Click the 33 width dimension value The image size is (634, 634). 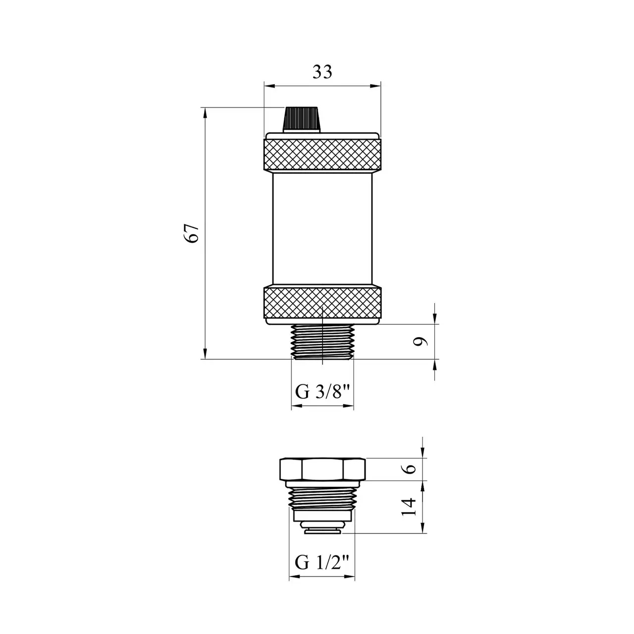click(322, 72)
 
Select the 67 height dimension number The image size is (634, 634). click(191, 233)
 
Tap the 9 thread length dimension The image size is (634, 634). click(420, 342)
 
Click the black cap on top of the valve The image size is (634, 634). click(302, 119)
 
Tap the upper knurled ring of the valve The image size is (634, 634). click(322, 155)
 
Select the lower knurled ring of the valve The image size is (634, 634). click(322, 303)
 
